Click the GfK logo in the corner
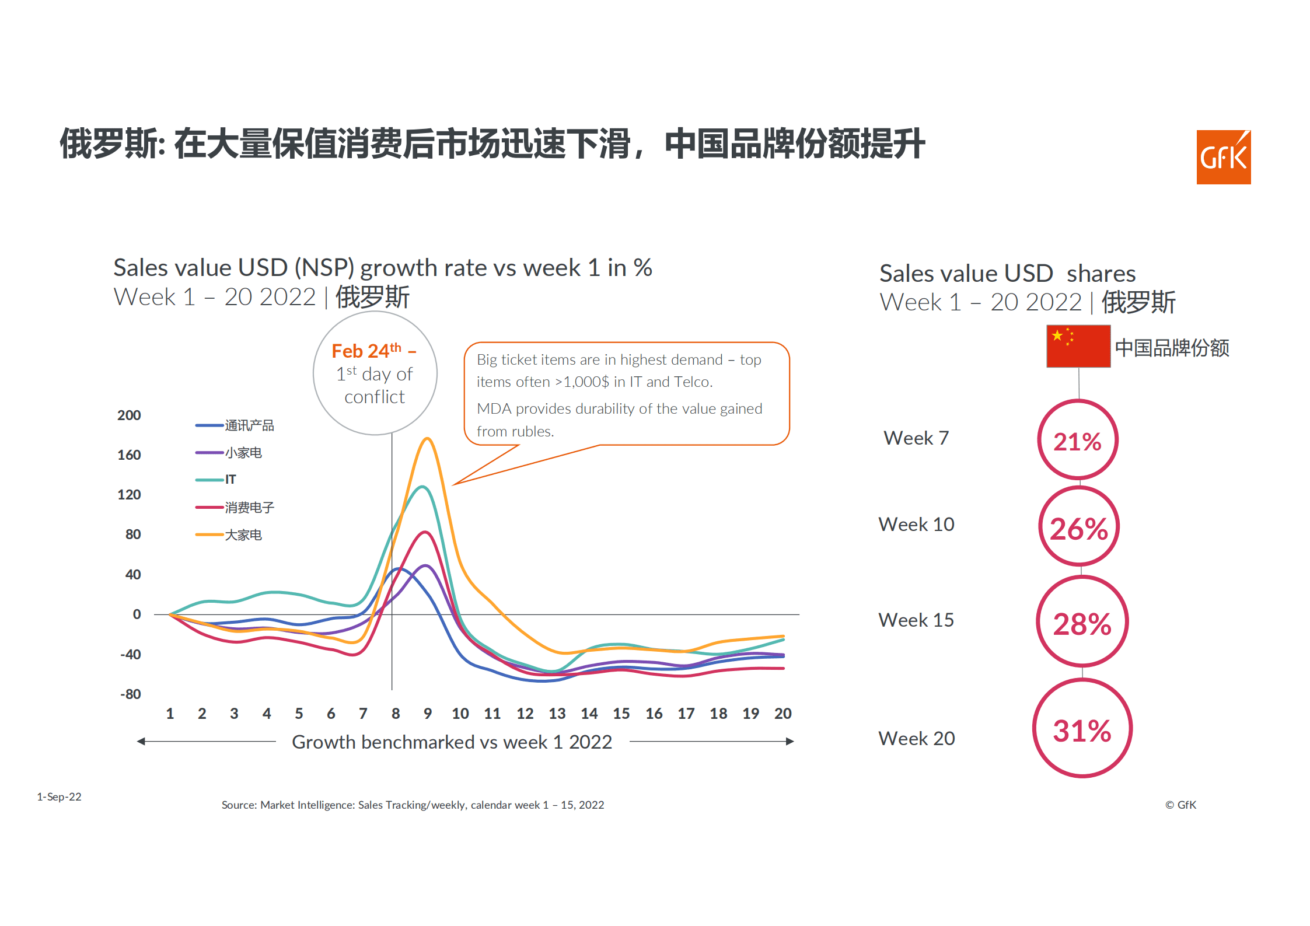click(1223, 157)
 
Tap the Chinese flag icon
click(1078, 346)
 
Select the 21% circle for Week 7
click(1078, 440)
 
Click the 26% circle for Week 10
click(1079, 527)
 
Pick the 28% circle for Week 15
click(1082, 622)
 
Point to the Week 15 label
click(916, 620)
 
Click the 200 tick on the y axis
click(129, 415)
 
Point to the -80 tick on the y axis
click(131, 694)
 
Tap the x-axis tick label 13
click(557, 714)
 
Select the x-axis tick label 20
click(782, 714)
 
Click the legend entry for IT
click(230, 480)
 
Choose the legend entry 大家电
click(243, 535)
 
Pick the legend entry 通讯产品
click(249, 425)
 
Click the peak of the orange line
click(428, 438)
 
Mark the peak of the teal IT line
click(423, 487)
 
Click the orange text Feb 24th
click(366, 351)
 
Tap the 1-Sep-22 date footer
click(59, 796)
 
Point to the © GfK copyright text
click(1180, 805)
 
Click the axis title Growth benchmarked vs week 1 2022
click(452, 742)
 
